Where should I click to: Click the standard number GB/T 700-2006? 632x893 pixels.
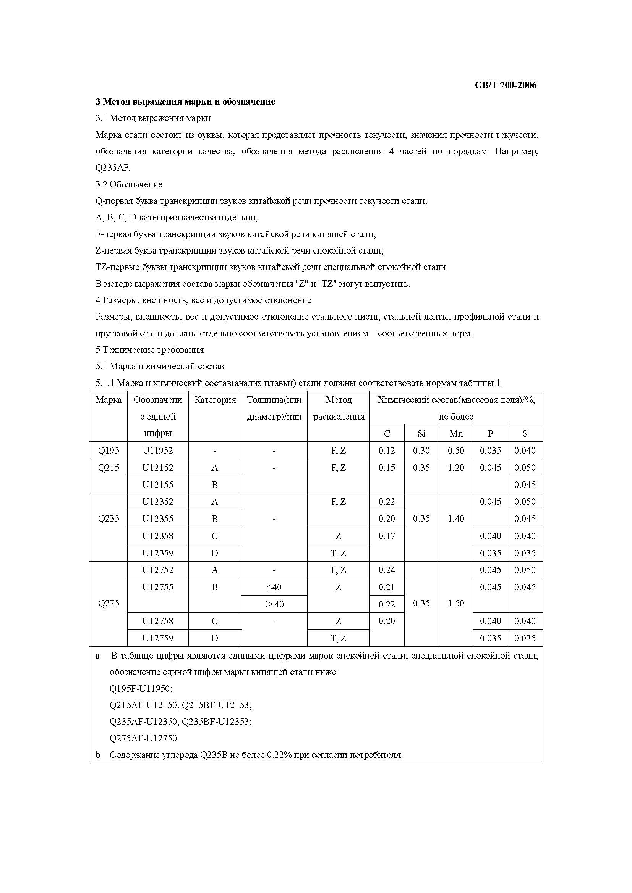pos(505,85)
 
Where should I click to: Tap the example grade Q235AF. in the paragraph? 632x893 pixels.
pos(113,168)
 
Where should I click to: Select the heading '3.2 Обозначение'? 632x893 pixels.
pos(129,184)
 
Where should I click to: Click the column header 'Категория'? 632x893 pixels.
pos(215,400)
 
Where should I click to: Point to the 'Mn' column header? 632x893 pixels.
pos(456,434)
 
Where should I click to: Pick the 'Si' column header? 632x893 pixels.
pos(421,434)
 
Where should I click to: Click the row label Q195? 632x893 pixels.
pos(109,451)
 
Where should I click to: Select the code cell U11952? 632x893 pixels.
pos(157,451)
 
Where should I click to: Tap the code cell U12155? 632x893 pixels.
pos(157,484)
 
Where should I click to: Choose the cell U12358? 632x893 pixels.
pos(157,536)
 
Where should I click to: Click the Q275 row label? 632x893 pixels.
pos(109,603)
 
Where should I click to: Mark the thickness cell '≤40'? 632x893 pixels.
pos(274,587)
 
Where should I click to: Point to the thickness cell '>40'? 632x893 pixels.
pos(274,604)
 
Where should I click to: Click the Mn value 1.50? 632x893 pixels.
pos(456,603)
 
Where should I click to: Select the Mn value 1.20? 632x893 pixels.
pos(456,468)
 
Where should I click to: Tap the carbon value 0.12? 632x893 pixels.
pos(386,451)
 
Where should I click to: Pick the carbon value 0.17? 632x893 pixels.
pos(386,536)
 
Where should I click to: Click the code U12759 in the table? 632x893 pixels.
pos(157,638)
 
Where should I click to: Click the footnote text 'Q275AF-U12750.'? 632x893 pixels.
pos(144,738)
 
